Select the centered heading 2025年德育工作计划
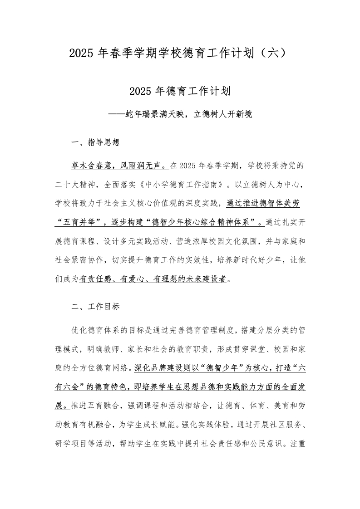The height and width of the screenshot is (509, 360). coord(180,91)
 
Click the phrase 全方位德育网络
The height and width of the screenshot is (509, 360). coord(100,368)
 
